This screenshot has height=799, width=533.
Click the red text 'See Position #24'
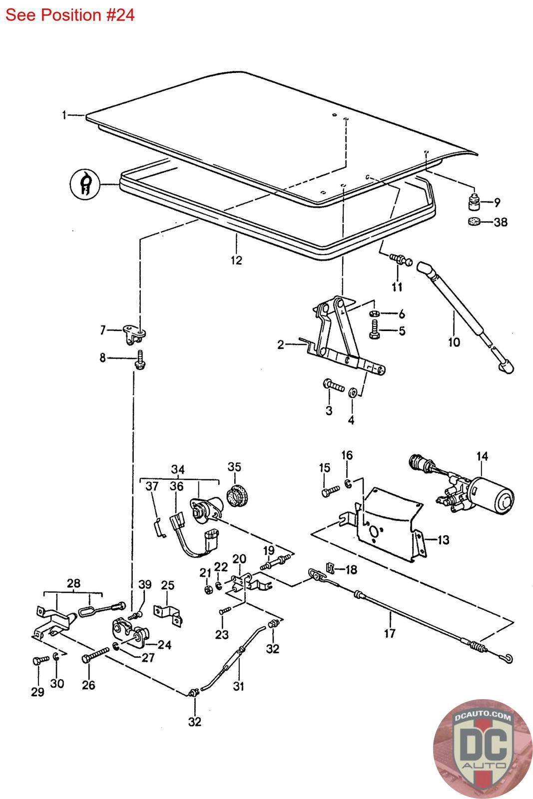click(x=70, y=15)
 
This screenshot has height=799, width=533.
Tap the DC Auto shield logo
click(x=483, y=749)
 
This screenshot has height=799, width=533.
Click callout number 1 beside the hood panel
click(x=64, y=115)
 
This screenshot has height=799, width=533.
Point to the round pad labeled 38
click(x=474, y=221)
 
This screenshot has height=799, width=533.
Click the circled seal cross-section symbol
click(x=84, y=184)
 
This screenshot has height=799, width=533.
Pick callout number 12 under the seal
click(x=236, y=260)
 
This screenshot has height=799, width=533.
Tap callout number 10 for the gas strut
click(x=454, y=342)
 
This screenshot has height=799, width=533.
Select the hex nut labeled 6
click(x=374, y=314)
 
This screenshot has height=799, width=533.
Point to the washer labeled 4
click(x=353, y=392)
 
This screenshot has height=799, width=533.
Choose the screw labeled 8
click(x=139, y=360)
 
